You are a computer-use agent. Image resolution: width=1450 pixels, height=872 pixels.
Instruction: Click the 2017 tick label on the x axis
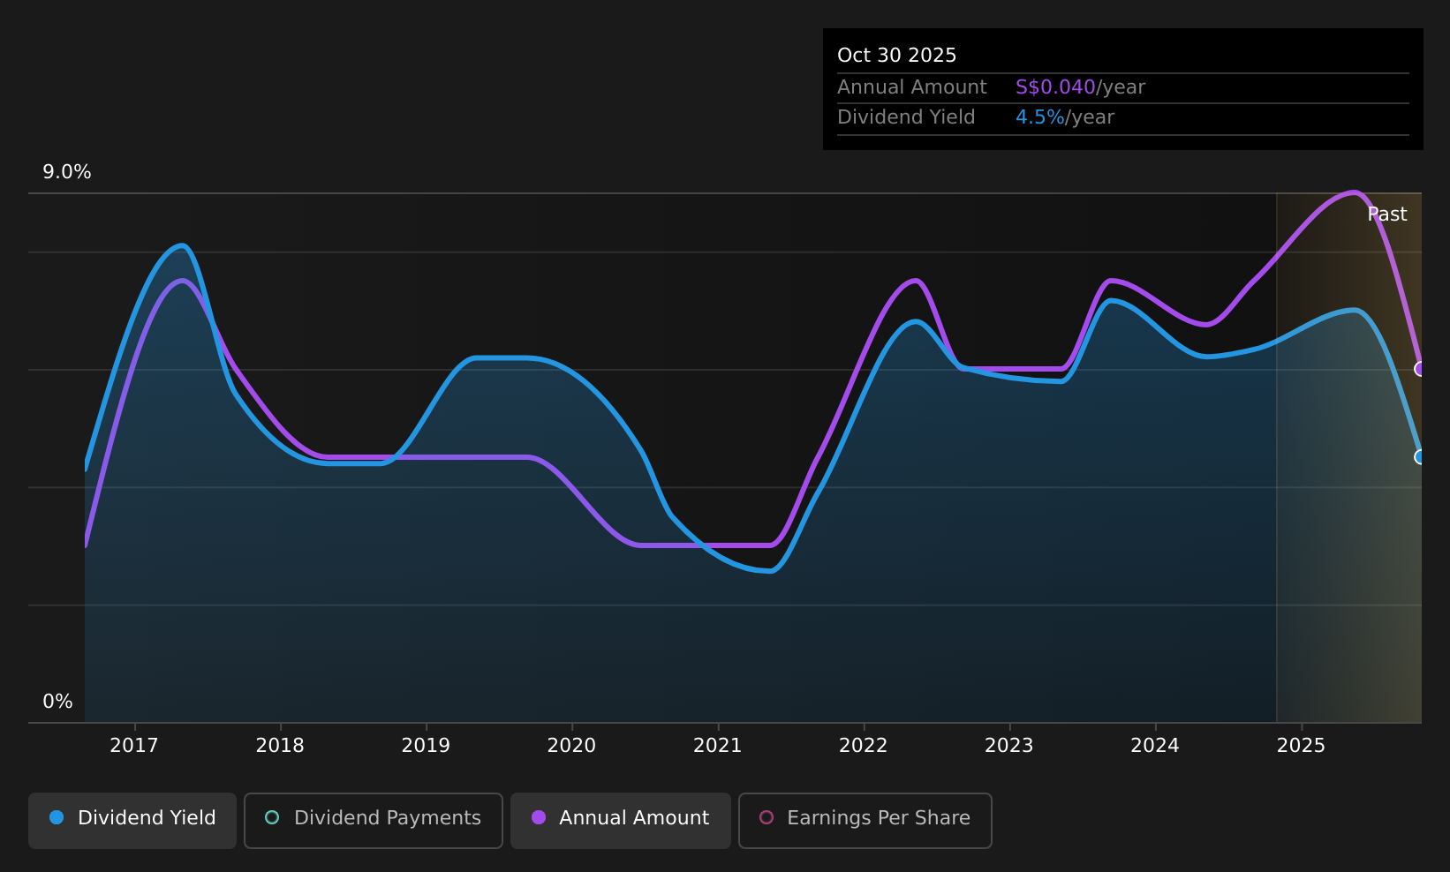pos(134,746)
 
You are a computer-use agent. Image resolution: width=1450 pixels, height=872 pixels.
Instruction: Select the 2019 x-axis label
pos(426,746)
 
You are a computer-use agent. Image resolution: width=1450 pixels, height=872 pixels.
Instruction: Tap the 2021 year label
pos(717,746)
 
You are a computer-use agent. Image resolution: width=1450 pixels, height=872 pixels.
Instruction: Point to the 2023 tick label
pos(1009,746)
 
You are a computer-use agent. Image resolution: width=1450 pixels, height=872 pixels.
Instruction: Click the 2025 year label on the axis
pos(1301,746)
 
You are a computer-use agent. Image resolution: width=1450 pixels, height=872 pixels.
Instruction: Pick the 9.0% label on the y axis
pos(67,172)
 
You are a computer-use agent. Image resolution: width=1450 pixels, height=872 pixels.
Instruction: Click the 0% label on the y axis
pos(57,702)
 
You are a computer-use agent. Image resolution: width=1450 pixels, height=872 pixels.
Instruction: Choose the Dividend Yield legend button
pos(132,820)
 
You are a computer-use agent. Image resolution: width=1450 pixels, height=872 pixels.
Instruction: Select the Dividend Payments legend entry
pos(373,820)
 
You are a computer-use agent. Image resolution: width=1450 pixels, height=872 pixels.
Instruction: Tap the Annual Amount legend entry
pos(620,820)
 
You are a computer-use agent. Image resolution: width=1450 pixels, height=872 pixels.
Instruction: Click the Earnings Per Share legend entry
pos(865,820)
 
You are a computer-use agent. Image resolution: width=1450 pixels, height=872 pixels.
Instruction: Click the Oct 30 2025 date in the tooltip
pos(896,56)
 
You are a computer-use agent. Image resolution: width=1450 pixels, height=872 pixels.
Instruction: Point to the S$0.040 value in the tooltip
pos(1055,87)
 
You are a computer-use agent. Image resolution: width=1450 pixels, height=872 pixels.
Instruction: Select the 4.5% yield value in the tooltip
pos(1039,117)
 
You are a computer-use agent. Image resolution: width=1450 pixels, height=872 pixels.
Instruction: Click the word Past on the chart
pos(1386,214)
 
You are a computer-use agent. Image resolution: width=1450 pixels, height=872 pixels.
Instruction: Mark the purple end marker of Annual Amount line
pos(1420,369)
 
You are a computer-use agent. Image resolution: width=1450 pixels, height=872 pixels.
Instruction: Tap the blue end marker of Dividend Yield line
pos(1420,456)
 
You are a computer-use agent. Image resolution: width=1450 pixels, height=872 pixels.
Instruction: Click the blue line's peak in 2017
pos(183,245)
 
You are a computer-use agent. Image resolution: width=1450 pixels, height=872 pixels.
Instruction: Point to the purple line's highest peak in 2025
pos(1354,192)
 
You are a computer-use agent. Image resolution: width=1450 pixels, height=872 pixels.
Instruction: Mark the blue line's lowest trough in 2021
pos(770,571)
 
